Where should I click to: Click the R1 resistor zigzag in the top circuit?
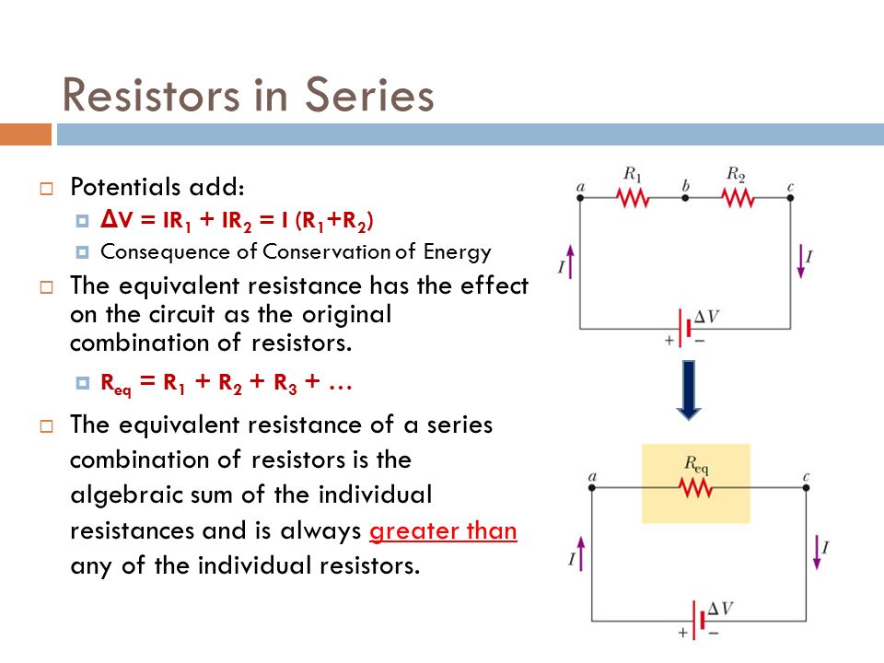point(633,197)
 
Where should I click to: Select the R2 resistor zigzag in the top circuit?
point(737,197)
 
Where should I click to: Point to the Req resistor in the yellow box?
point(696,487)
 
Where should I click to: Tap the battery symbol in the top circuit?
point(683,329)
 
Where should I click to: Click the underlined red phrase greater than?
point(442,532)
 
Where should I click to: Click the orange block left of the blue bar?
point(25,134)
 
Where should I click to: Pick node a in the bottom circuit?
point(591,488)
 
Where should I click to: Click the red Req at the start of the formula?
point(115,387)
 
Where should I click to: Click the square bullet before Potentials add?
point(46,189)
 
